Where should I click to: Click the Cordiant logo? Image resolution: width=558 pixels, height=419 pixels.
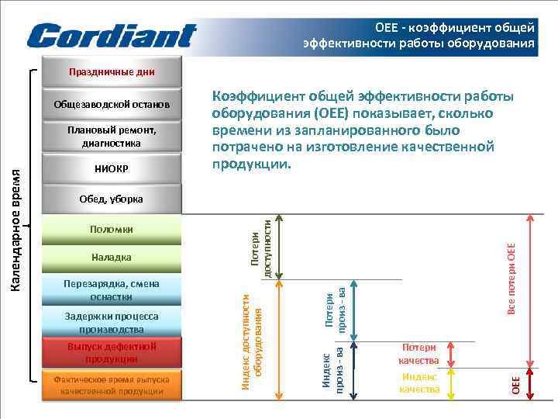pos(112,35)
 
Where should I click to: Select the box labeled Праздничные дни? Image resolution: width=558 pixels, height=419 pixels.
pos(112,73)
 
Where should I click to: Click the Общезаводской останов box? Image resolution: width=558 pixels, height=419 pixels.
pos(112,105)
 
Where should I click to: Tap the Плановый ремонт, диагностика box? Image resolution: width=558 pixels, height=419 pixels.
pos(112,137)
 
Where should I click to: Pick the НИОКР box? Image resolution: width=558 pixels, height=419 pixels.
pos(112,168)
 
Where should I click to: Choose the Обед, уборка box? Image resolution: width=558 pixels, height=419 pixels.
pos(112,199)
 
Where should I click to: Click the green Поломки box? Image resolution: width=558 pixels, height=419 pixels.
pos(112,230)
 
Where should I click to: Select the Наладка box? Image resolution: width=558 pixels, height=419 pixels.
pos(112,257)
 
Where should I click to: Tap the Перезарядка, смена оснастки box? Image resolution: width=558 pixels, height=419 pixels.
pos(112,290)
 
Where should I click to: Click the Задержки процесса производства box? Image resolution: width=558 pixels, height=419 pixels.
pos(112,323)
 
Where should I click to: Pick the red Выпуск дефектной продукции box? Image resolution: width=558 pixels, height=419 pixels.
pos(112,353)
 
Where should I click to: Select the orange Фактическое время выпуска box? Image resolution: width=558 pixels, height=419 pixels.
pos(112,385)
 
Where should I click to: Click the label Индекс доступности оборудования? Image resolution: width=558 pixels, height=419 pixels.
pos(253,341)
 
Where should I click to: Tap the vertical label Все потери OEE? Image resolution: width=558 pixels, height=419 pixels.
pos(511,278)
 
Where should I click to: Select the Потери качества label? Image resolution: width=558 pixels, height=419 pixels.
pos(418,355)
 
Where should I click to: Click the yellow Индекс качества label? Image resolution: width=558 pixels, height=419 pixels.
pos(418,383)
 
